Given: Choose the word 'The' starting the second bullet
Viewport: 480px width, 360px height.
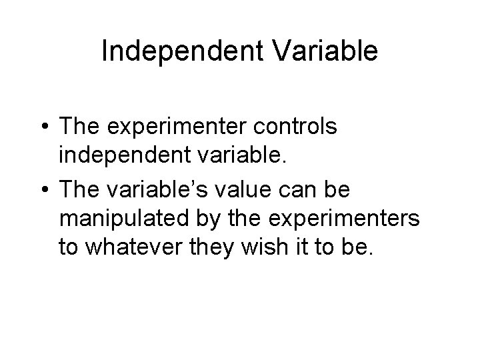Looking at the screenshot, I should pos(79,191).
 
